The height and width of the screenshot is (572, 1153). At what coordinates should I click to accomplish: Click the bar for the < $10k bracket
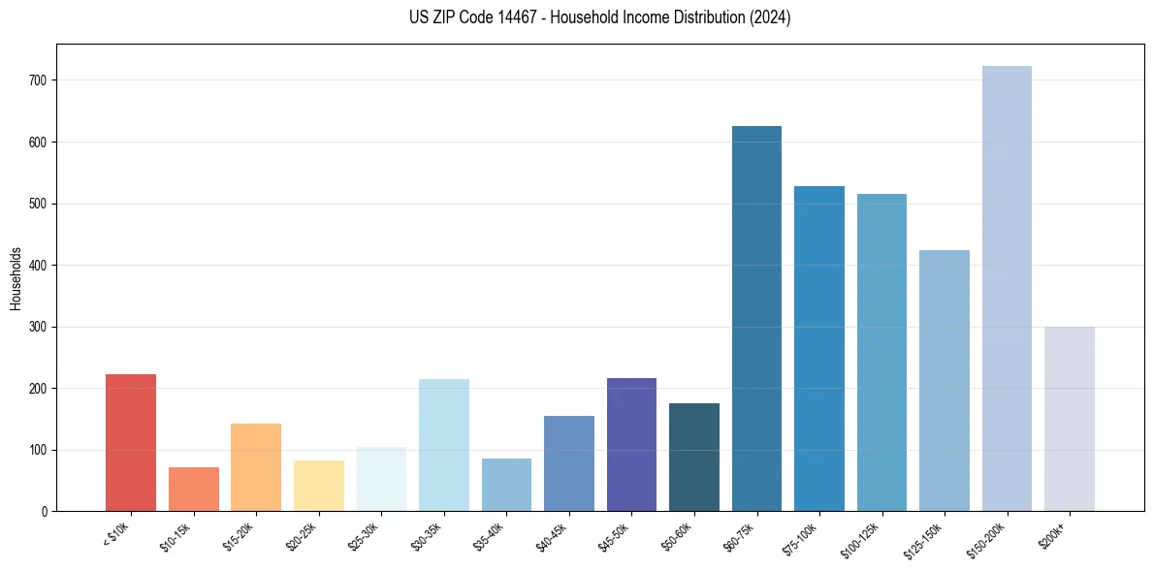click(x=131, y=442)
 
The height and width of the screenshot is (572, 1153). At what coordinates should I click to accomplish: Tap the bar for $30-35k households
click(x=444, y=445)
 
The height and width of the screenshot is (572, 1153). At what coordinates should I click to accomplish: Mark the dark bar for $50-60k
click(x=694, y=457)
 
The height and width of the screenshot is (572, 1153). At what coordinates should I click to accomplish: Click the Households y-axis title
click(x=16, y=277)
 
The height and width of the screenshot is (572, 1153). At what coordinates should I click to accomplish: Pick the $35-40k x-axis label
click(x=490, y=535)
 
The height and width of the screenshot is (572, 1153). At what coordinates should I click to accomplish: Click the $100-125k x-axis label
click(x=862, y=537)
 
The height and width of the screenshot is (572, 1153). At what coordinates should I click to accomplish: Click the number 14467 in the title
click(x=494, y=17)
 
